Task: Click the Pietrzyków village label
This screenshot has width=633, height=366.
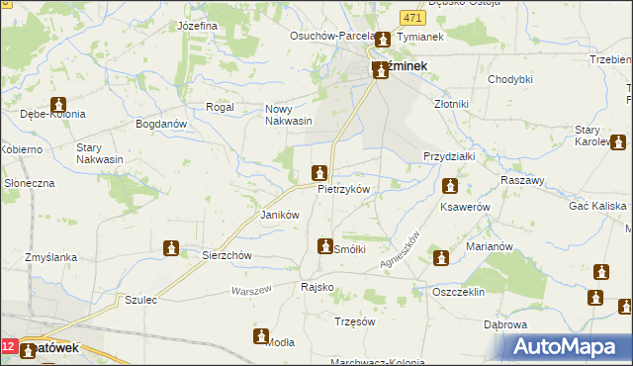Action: pyautogui.click(x=343, y=189)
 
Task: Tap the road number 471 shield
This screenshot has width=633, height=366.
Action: pyautogui.click(x=412, y=18)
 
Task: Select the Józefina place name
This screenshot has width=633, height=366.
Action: pyautogui.click(x=198, y=25)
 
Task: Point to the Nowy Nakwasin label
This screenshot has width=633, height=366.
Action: pyautogui.click(x=288, y=115)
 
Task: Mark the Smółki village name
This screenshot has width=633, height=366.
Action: pyautogui.click(x=350, y=249)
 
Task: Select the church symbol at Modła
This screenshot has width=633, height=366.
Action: pyautogui.click(x=261, y=336)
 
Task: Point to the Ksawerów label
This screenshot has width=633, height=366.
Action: pyautogui.click(x=465, y=208)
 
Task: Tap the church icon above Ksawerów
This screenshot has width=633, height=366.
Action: pyautogui.click(x=450, y=185)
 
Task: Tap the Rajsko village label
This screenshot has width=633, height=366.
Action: pyautogui.click(x=316, y=287)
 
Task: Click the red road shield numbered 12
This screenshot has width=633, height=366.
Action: pyautogui.click(x=9, y=347)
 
